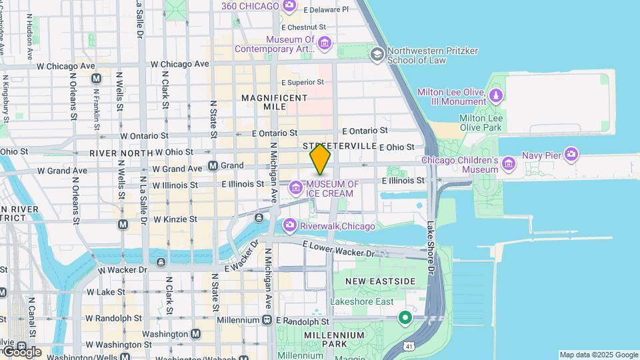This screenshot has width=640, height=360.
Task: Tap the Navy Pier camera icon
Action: pyautogui.click(x=571, y=155)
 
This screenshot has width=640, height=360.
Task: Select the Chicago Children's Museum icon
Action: pyautogui.click(x=509, y=163)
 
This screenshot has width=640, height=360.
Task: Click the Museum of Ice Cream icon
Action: pyautogui.click(x=295, y=189)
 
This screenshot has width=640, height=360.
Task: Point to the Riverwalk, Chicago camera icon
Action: pyautogui.click(x=289, y=226)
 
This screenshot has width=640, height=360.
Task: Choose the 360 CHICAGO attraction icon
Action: pyautogui.click(x=289, y=6)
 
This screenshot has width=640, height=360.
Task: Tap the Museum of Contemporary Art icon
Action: pyautogui.click(x=325, y=44)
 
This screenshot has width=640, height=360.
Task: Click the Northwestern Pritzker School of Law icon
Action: pyautogui.click(x=377, y=53)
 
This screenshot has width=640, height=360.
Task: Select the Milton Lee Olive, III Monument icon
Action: pyautogui.click(x=495, y=97)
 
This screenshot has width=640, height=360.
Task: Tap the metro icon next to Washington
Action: pyautogui.click(x=195, y=333)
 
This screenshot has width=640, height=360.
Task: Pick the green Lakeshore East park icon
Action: pyautogui.click(x=405, y=318)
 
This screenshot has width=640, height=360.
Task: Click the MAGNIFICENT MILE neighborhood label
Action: pyautogui.click(x=274, y=102)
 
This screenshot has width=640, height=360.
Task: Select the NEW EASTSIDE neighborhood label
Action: pyautogui.click(x=381, y=282)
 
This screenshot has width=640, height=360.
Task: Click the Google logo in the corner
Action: pyautogui.click(x=21, y=351)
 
